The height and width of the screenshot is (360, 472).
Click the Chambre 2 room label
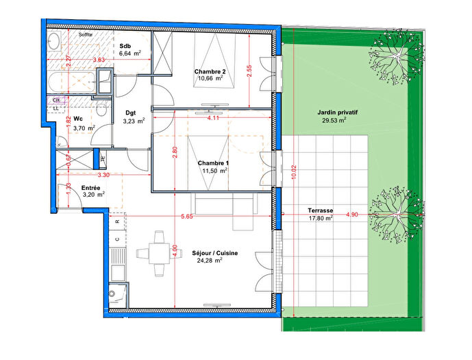click(x=210, y=71)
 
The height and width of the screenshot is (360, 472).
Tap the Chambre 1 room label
click(x=212, y=163)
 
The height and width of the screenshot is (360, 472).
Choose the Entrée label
click(x=92, y=187)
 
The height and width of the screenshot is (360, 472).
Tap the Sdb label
click(x=125, y=45)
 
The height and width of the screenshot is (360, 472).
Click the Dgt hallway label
click(x=131, y=113)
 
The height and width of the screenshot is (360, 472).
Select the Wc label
click(x=78, y=119)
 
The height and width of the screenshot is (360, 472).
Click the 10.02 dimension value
click(x=293, y=170)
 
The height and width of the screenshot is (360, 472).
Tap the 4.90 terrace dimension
click(x=352, y=215)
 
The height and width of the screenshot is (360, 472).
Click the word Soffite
click(x=86, y=34)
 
